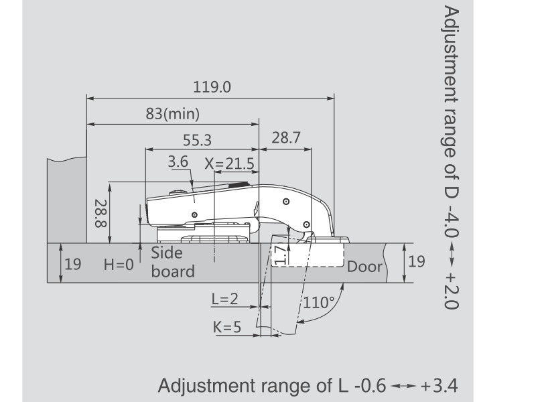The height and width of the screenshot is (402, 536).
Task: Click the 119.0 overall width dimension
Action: pyautogui.click(x=212, y=87)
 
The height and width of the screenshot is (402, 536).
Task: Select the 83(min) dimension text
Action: pyautogui.click(x=173, y=113)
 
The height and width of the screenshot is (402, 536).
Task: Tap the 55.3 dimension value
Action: pyautogui.click(x=197, y=140)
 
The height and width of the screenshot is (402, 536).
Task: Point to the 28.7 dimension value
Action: pyautogui.click(x=286, y=137)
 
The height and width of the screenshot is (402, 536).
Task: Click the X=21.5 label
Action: pyautogui.click(x=229, y=163)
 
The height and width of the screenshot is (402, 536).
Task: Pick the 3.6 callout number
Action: pyautogui.click(x=178, y=161)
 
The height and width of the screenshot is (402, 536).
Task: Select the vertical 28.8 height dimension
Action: pyautogui.click(x=101, y=214)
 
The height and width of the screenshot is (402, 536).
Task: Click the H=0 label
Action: pyautogui.click(x=119, y=264)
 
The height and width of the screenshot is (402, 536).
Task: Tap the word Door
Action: pyautogui.click(x=364, y=267)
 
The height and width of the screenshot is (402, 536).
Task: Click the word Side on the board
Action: pyautogui.click(x=167, y=253)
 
